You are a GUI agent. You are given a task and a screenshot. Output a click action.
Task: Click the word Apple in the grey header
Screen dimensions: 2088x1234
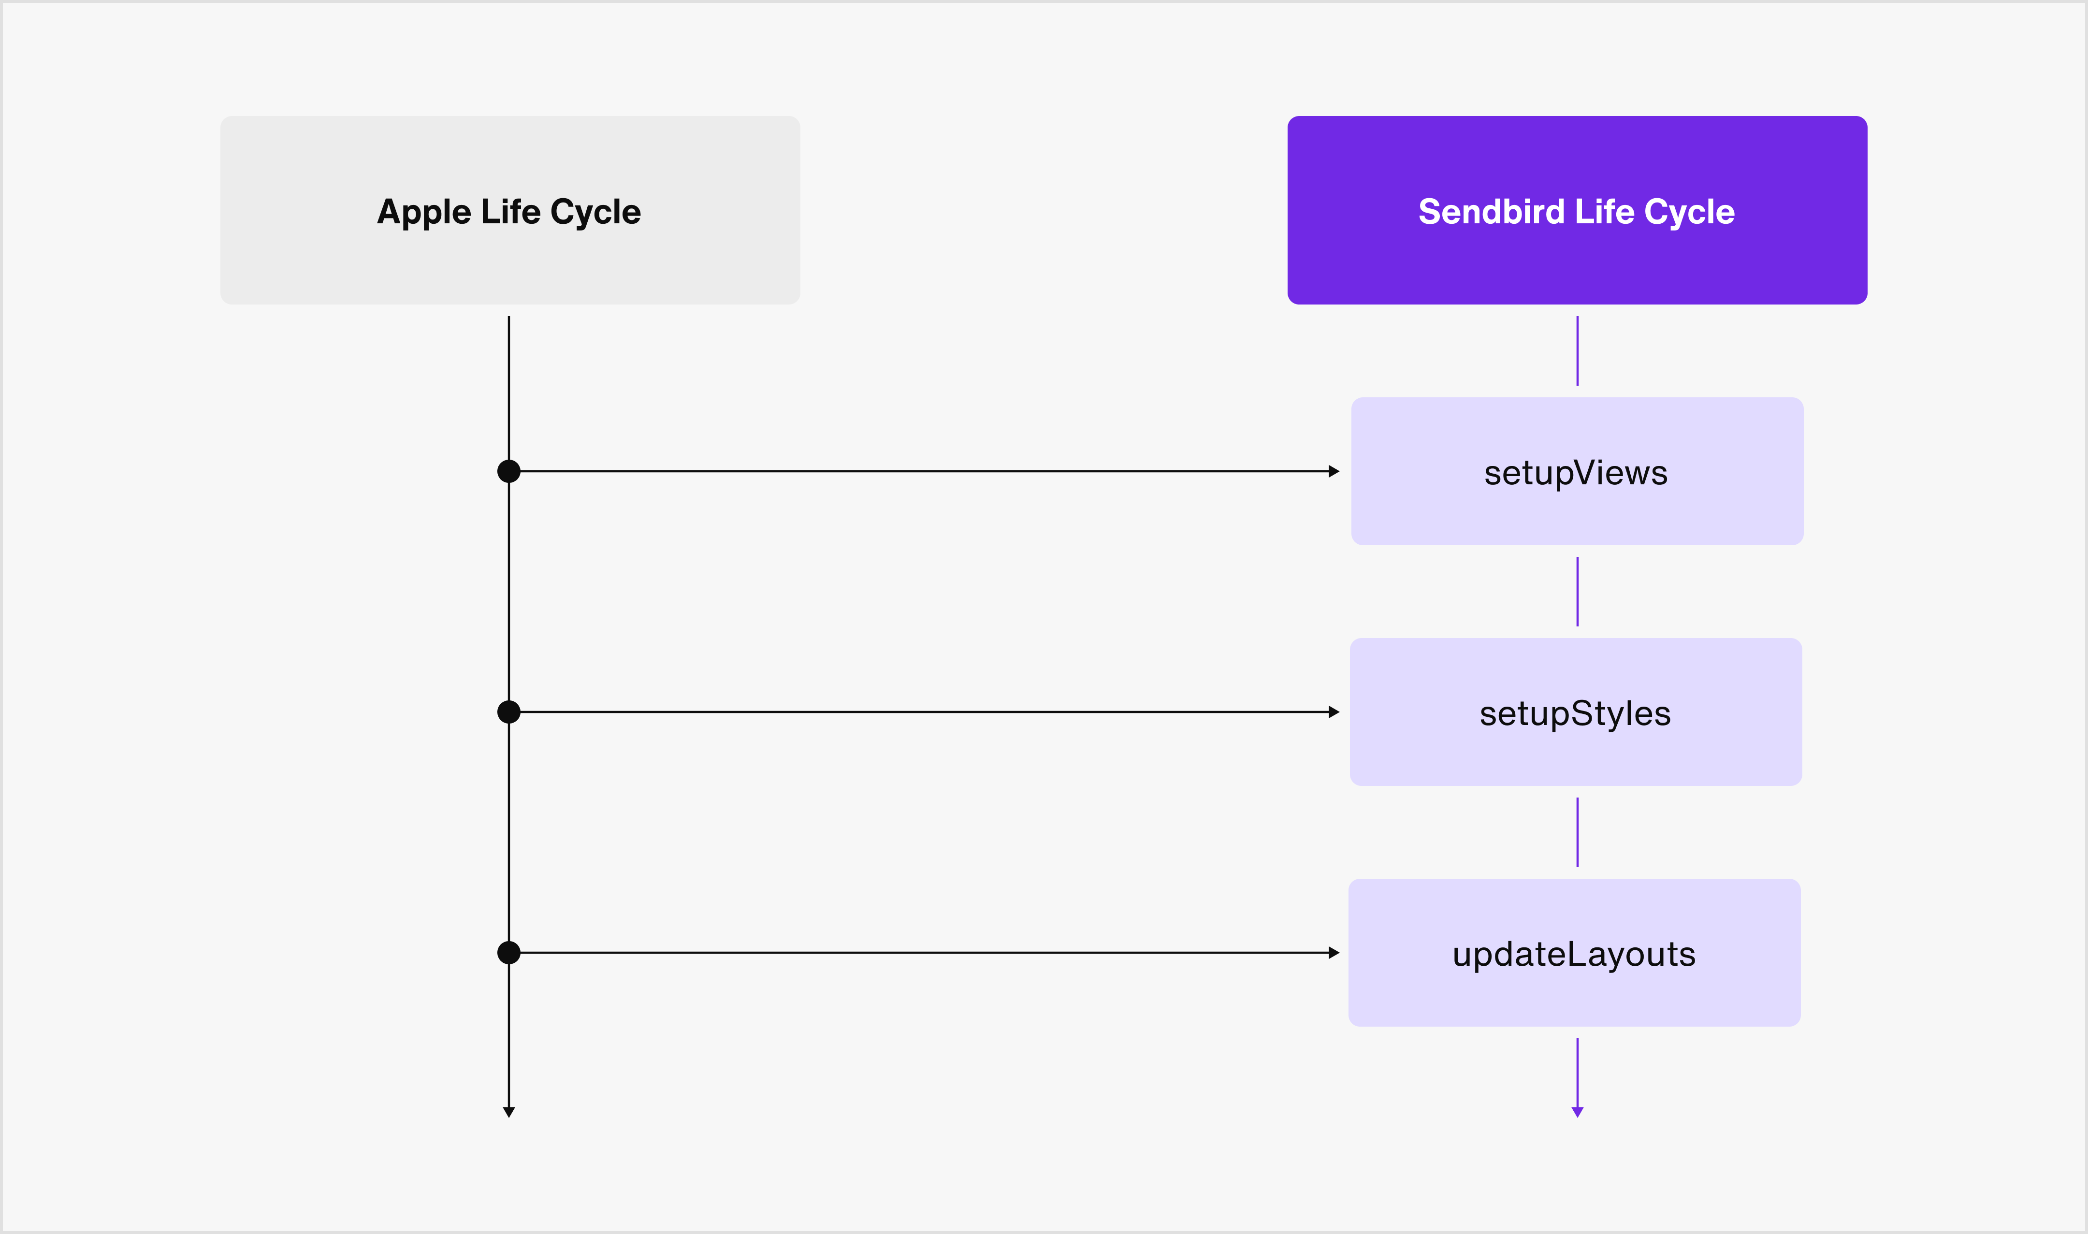point(424,213)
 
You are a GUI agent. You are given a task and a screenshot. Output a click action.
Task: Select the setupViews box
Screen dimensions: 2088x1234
point(1577,471)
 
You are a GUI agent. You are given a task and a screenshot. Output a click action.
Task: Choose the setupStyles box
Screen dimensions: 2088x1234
point(1576,712)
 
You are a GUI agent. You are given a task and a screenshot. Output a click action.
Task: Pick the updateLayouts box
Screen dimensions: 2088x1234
point(1574,952)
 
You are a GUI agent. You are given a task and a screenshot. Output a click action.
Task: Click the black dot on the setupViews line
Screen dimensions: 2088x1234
point(509,471)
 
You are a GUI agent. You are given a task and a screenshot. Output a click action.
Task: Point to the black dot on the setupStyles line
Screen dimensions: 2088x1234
point(509,712)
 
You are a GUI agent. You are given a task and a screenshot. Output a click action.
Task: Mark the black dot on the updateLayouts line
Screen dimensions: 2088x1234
point(509,952)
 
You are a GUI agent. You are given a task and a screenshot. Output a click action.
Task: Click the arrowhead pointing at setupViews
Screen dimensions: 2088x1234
point(1334,471)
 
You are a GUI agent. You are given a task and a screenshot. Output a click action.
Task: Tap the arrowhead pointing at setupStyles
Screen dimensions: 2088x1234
point(1334,712)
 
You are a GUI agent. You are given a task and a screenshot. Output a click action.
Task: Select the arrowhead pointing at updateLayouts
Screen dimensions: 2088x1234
point(1334,952)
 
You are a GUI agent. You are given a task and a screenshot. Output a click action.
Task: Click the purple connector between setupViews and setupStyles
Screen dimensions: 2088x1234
point(1578,591)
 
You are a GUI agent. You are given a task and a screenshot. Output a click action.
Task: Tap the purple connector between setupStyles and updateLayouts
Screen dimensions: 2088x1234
point(1578,832)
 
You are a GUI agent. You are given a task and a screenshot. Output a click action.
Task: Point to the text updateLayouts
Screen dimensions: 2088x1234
point(1574,955)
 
